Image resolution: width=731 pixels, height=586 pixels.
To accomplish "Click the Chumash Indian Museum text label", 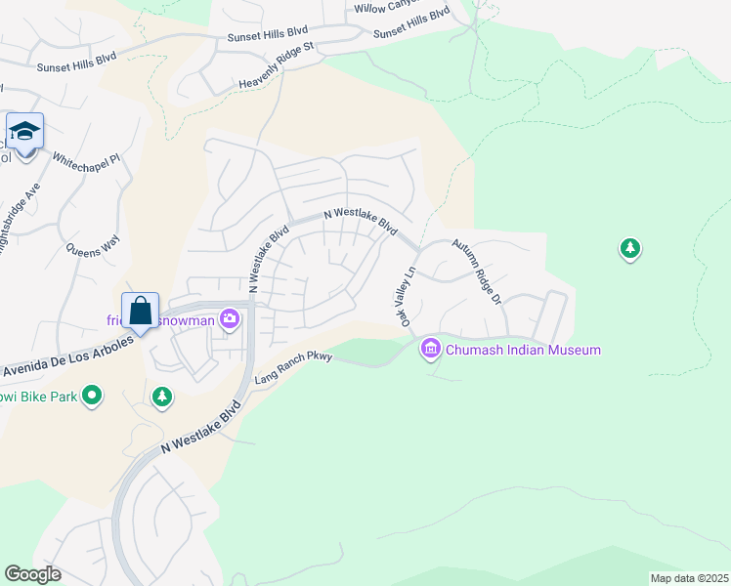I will (x=523, y=350).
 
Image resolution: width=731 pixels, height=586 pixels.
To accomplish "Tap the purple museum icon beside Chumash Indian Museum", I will (x=430, y=349).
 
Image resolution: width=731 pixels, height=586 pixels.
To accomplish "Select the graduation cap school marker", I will (x=24, y=131).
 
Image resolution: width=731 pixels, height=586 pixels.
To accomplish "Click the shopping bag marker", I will (x=140, y=311).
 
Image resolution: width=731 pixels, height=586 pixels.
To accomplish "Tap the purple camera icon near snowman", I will (x=230, y=318).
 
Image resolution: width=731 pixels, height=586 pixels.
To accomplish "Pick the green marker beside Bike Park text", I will (x=92, y=396).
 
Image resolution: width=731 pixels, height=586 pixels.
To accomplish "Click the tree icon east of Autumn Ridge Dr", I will (x=630, y=249).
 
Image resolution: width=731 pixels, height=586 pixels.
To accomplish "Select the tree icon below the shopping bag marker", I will (x=162, y=397).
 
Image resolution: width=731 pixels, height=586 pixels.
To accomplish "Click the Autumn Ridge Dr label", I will (x=476, y=272).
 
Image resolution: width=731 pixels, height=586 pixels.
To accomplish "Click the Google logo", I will (x=32, y=574).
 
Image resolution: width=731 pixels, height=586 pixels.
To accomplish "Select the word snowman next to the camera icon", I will (x=188, y=318).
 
